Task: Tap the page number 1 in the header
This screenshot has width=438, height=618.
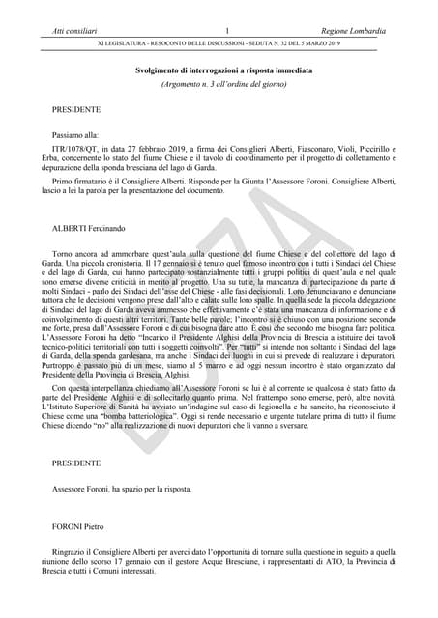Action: tap(225, 32)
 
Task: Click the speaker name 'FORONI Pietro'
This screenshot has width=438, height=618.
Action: tap(80, 526)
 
